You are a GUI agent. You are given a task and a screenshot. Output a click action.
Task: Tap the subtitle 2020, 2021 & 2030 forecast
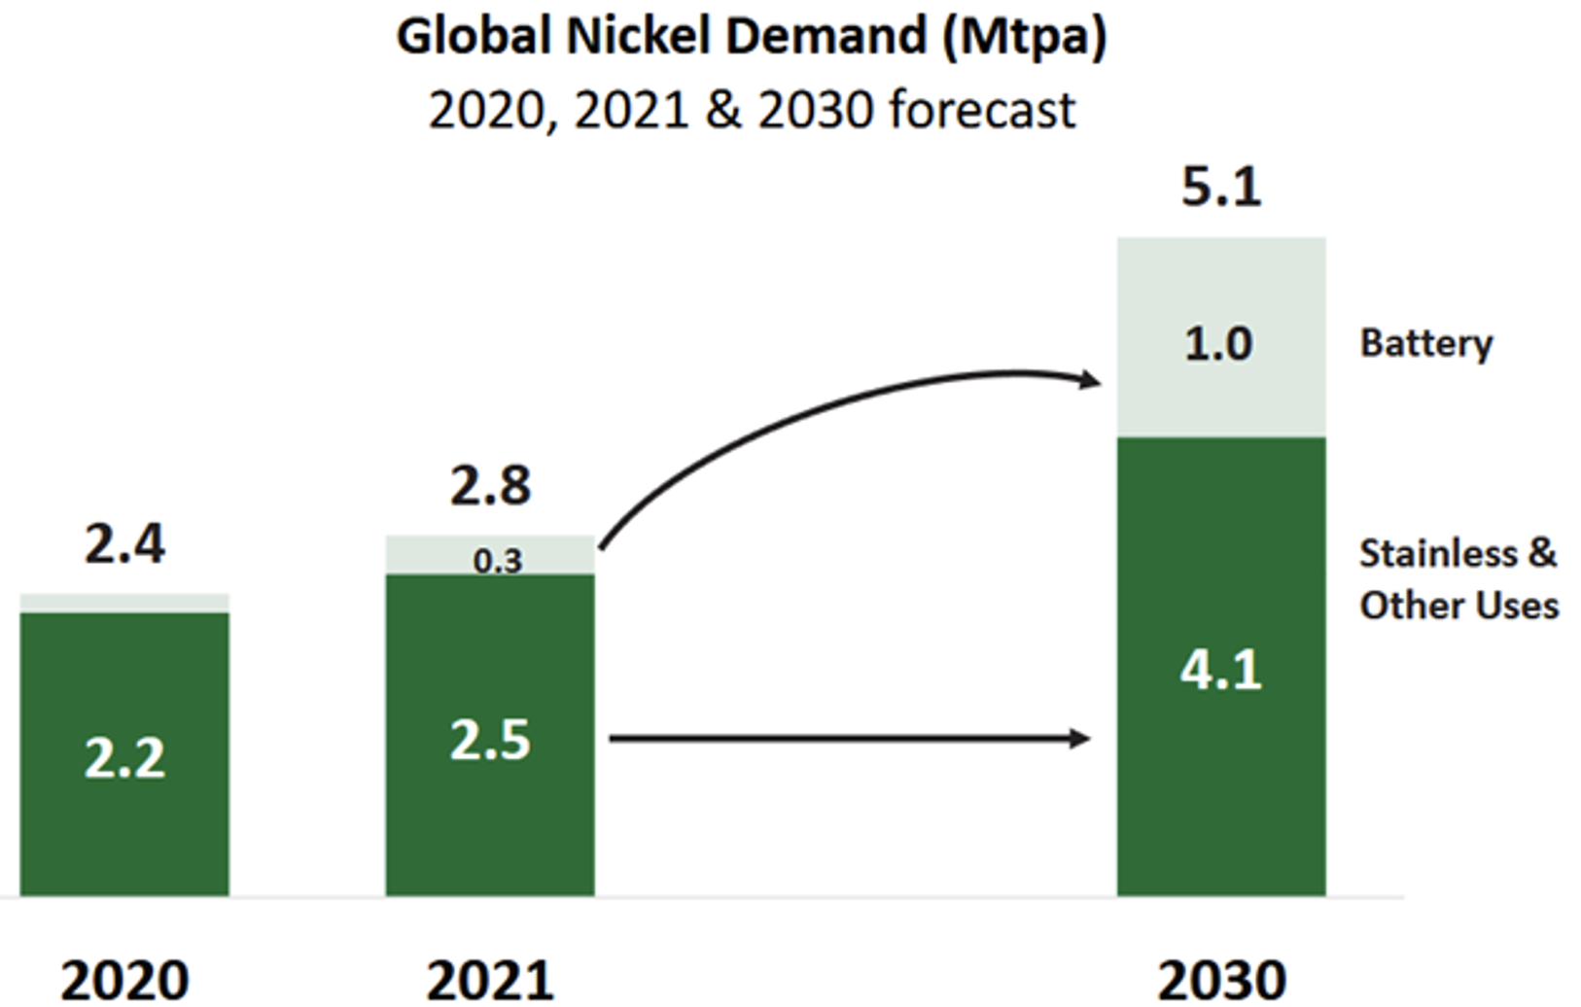pyautogui.click(x=751, y=110)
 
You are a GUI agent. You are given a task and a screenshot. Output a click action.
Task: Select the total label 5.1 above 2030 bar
pyautogui.click(x=1221, y=187)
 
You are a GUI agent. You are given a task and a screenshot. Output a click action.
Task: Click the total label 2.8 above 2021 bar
pyautogui.click(x=490, y=486)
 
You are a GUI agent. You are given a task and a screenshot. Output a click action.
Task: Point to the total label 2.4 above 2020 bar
pyautogui.click(x=124, y=544)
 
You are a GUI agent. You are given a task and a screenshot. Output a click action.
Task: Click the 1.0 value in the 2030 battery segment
pyautogui.click(x=1218, y=344)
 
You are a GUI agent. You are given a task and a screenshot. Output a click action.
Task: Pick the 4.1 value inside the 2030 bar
pyautogui.click(x=1221, y=670)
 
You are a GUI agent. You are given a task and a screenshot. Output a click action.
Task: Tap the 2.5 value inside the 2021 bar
pyautogui.click(x=490, y=742)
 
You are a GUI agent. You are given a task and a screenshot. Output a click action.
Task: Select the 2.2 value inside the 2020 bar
pyautogui.click(x=124, y=759)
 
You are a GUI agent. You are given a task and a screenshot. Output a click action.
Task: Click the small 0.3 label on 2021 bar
pyautogui.click(x=498, y=561)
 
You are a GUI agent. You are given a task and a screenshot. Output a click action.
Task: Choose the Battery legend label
pyautogui.click(x=1425, y=343)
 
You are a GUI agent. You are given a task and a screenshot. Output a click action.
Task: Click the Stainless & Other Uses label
pyautogui.click(x=1458, y=579)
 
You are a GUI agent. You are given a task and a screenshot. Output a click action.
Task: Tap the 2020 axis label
pyautogui.click(x=124, y=980)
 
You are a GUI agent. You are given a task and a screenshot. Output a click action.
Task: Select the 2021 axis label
pyautogui.click(x=490, y=980)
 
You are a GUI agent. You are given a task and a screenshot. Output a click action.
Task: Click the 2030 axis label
pyautogui.click(x=1221, y=980)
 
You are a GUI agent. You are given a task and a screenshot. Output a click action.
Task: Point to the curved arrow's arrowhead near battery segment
pyautogui.click(x=1091, y=380)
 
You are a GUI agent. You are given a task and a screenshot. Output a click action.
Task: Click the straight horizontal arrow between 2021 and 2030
pyautogui.click(x=846, y=739)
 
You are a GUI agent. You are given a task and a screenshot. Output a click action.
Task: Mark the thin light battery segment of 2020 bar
pyautogui.click(x=124, y=603)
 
